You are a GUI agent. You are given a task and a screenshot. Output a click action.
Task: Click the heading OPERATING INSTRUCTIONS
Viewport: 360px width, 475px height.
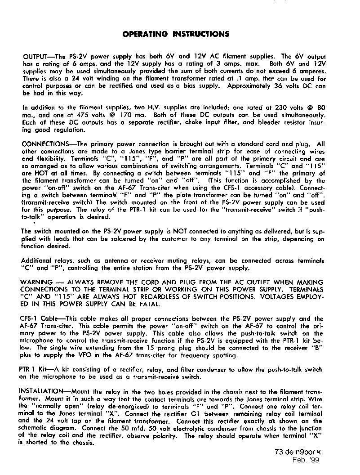click(176, 34)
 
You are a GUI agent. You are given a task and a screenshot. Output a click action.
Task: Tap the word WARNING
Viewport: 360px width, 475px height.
click(37, 282)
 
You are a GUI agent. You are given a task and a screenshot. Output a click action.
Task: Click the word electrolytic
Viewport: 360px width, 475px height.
click(181, 428)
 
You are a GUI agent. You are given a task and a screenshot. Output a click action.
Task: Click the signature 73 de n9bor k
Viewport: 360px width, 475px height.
click(298, 452)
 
